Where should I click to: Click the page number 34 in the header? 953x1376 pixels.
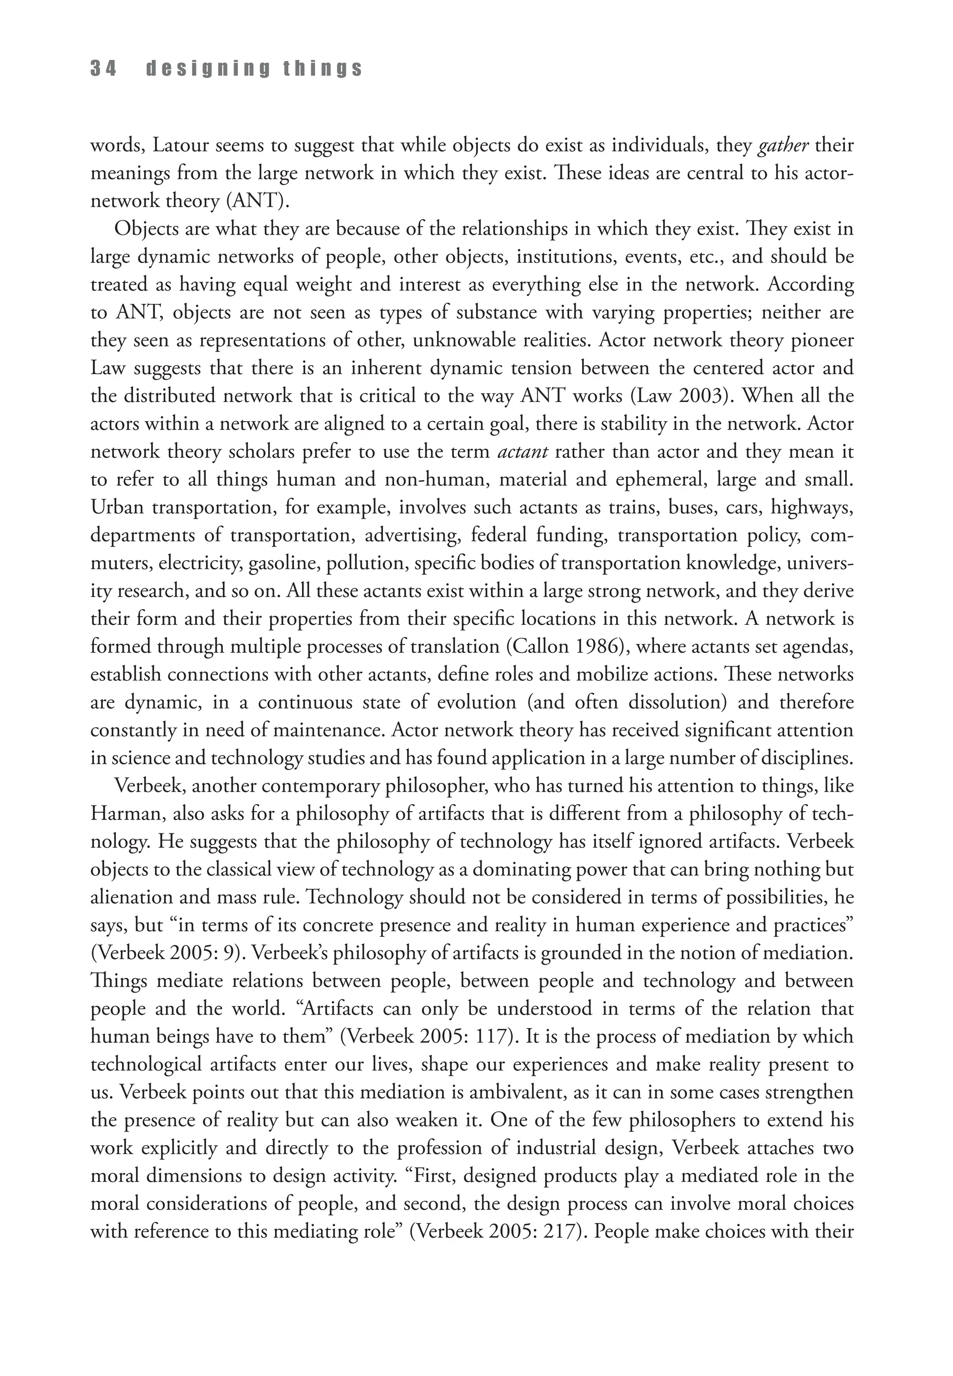point(103,69)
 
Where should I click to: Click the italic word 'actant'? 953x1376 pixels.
point(523,451)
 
